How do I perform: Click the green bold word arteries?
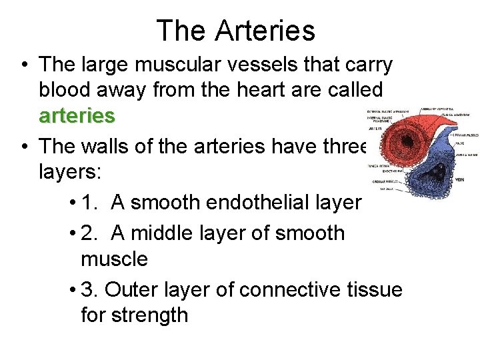coord(77,115)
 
